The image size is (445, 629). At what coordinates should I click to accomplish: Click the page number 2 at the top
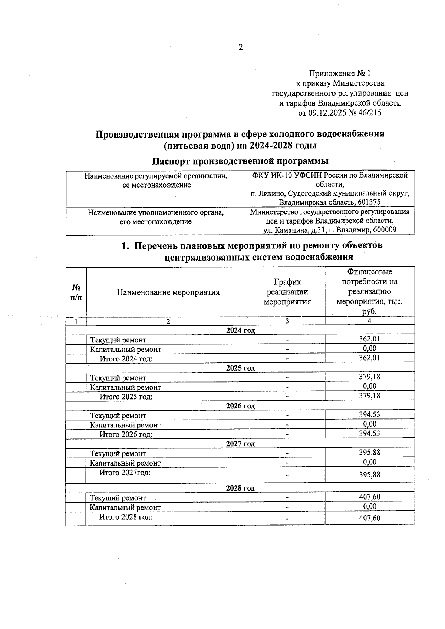coord(240,47)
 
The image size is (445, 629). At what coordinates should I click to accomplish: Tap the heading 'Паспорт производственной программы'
coord(240,161)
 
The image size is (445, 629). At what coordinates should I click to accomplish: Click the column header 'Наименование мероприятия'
coord(168,292)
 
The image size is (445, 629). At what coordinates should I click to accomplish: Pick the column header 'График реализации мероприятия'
coord(287,292)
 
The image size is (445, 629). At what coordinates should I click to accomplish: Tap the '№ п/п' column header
coord(76,292)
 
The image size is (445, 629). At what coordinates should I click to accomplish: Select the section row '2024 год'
coord(240,330)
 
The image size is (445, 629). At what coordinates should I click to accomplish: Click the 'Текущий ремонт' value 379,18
coord(369,377)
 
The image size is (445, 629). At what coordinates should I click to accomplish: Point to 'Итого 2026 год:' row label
coord(126,434)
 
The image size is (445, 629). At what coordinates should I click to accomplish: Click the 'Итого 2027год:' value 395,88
coord(369,474)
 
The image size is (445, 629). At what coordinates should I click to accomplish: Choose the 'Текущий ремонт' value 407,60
coord(369,497)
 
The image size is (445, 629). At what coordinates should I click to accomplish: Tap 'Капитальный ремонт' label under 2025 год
coord(126,387)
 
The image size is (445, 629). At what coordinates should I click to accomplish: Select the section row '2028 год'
coord(240,488)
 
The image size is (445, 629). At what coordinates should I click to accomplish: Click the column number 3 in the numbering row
coord(287,321)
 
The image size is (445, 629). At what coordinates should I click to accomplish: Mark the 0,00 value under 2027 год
coord(369,462)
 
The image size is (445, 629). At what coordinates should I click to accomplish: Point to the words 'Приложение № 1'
coord(340,73)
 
